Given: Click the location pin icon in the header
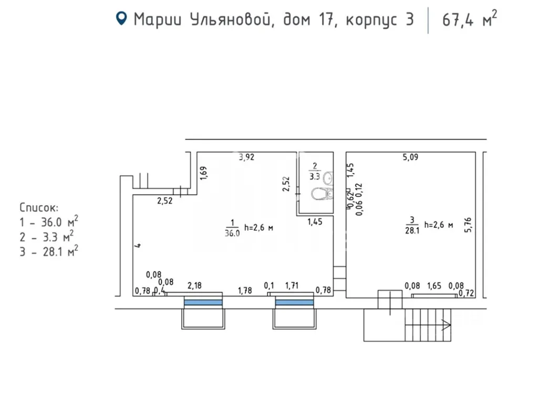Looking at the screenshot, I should click(x=122, y=19).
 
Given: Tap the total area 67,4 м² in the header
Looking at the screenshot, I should click(x=469, y=20).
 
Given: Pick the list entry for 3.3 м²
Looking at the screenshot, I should click(x=47, y=236).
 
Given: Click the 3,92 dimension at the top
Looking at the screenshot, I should click(x=246, y=156).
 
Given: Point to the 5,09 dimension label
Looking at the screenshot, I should click(x=410, y=156).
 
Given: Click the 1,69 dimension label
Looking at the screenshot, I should click(x=204, y=173).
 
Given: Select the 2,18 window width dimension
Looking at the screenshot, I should click(x=194, y=285).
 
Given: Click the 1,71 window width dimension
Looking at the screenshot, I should click(x=292, y=285).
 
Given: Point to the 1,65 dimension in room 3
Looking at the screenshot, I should click(x=433, y=286).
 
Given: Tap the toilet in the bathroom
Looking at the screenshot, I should click(x=321, y=194).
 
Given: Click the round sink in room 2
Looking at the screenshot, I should click(x=328, y=178).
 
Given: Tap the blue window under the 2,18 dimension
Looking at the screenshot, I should click(x=203, y=302).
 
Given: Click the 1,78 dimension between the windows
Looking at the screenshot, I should click(x=245, y=290).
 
